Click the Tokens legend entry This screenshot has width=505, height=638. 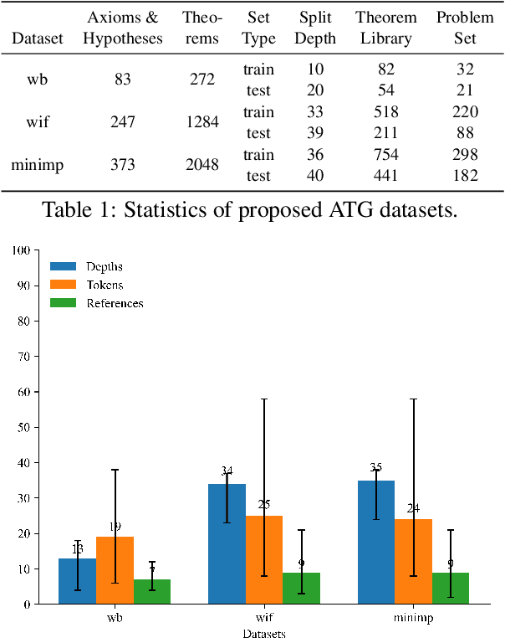pos(105,285)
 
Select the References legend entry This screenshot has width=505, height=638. pos(115,303)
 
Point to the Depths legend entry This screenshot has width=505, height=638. pos(105,266)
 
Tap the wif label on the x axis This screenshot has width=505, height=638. pos(264,620)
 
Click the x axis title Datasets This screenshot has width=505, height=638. pos(264,633)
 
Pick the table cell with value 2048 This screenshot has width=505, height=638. pos(201,165)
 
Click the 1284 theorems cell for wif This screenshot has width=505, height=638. pos(201,122)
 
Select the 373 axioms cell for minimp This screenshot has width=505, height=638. pos(123,165)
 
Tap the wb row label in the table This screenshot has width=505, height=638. pos(37,80)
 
